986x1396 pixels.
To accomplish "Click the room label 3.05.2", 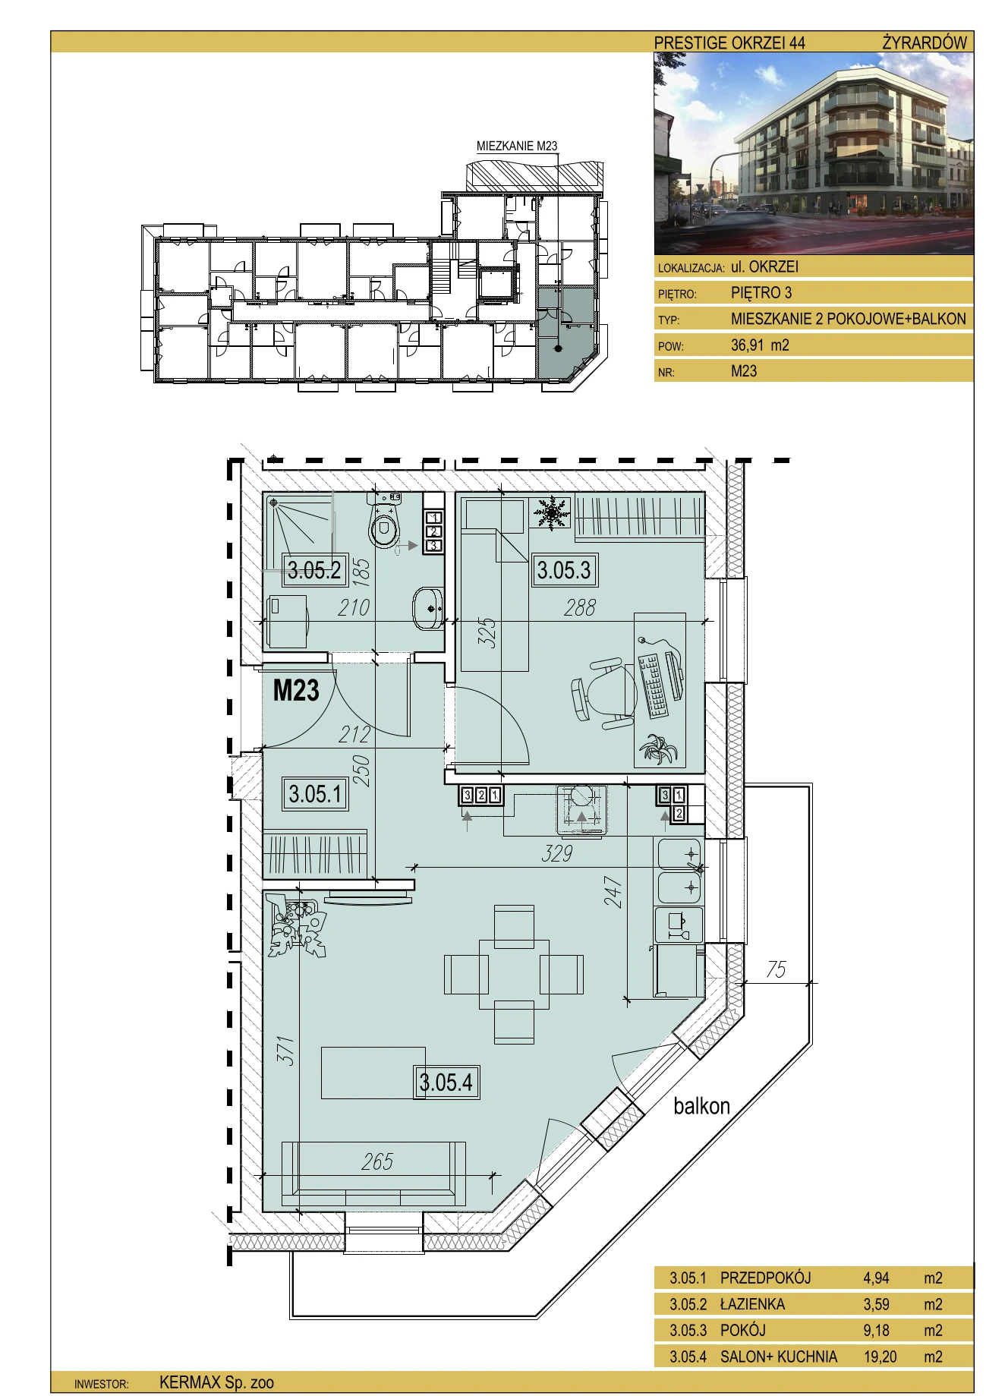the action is (x=315, y=569).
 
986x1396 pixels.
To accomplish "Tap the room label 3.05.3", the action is (x=564, y=569).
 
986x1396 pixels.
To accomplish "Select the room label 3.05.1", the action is (x=315, y=794).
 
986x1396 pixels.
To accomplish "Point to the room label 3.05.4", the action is (x=446, y=1082).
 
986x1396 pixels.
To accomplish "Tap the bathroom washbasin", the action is (x=429, y=608).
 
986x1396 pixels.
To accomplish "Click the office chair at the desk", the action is (x=604, y=695).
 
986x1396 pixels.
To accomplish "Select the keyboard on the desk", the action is (x=653, y=687).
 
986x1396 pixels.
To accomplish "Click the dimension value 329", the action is (x=556, y=853).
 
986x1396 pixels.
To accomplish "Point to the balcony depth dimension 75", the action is (x=776, y=969).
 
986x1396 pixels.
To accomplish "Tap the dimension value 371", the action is (x=285, y=1051).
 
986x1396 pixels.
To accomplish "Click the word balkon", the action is (x=701, y=1106).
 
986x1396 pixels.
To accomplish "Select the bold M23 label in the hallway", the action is (x=296, y=690).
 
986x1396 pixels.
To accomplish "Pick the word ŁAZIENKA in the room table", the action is (x=752, y=1304).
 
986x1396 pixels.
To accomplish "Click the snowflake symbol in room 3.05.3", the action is (x=552, y=513).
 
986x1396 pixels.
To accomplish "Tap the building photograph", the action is (x=814, y=153).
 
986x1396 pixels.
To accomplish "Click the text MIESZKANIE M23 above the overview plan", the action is (x=517, y=146).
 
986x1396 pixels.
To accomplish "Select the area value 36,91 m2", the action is (x=760, y=345).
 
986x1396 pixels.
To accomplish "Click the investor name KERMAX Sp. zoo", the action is (x=216, y=1382).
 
